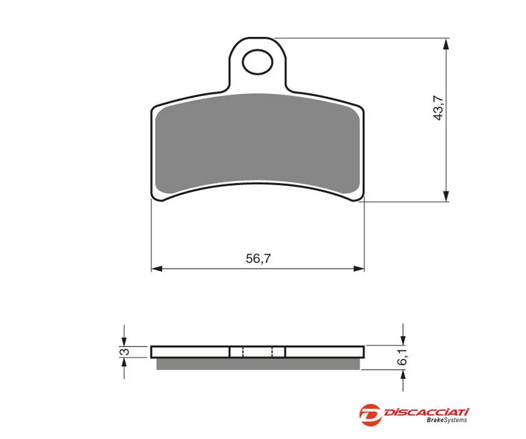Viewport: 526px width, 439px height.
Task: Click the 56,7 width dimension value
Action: [258, 259]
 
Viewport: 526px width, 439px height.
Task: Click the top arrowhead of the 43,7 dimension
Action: [446, 44]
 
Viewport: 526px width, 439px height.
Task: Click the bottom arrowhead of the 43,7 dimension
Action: [446, 196]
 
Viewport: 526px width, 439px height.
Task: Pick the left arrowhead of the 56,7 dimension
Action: [156, 268]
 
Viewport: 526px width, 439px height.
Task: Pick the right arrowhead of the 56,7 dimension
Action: [359, 268]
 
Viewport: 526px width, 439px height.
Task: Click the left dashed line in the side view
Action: [243, 352]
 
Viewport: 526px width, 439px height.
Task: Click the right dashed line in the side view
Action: [272, 352]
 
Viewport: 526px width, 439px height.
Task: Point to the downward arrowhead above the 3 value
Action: [124, 341]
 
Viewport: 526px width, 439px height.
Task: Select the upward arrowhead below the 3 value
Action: [124, 363]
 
